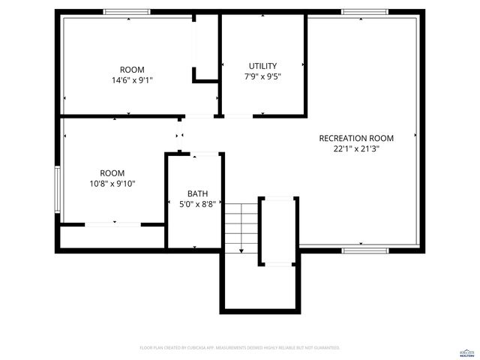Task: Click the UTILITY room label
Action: (x=262, y=66)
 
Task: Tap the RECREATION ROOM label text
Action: (x=356, y=138)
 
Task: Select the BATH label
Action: (x=198, y=193)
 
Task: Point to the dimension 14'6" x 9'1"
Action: (x=132, y=79)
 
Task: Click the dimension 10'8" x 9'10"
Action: (x=112, y=183)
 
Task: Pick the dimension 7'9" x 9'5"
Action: (x=262, y=76)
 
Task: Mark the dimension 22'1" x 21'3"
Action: (x=356, y=148)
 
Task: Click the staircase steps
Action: (x=241, y=226)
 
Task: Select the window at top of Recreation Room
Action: (x=364, y=12)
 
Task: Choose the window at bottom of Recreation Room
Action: (x=364, y=248)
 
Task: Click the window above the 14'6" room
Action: (x=127, y=12)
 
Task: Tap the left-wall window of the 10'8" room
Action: (x=57, y=187)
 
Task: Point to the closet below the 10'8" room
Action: (x=112, y=237)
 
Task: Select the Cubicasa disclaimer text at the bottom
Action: (x=240, y=348)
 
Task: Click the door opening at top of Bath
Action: (x=204, y=154)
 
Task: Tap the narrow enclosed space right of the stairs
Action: (x=279, y=230)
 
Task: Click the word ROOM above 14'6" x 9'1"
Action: (x=132, y=70)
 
